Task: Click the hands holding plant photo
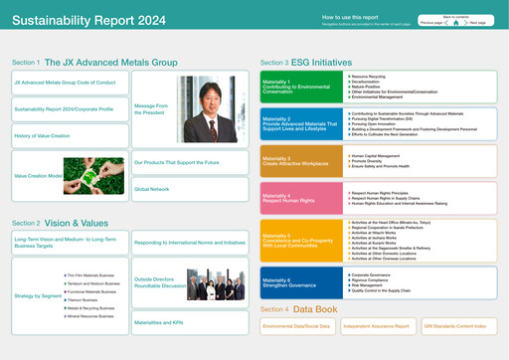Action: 93,175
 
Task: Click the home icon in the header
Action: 455,22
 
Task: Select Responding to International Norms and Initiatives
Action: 189,243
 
